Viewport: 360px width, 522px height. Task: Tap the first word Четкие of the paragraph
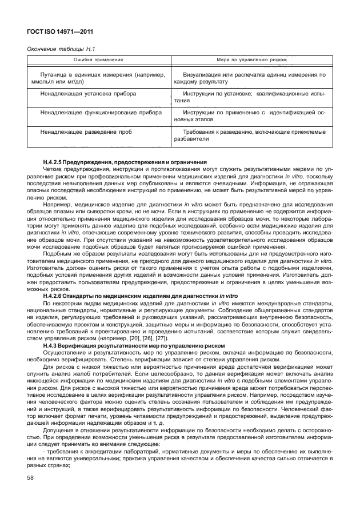coord(53,170)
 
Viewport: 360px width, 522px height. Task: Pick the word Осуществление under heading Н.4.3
coord(66,355)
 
